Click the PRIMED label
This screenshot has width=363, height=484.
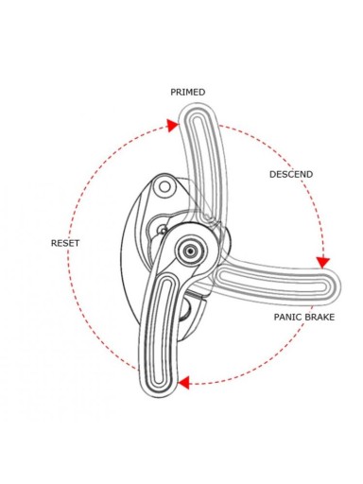click(188, 92)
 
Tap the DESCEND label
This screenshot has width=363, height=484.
click(291, 174)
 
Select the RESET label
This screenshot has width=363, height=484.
click(65, 243)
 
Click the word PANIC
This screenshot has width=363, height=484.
click(288, 317)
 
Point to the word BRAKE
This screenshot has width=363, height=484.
click(320, 317)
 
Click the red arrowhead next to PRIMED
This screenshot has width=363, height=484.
click(173, 125)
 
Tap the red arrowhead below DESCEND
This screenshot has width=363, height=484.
click(323, 262)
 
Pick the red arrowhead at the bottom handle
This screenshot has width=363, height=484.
click(183, 383)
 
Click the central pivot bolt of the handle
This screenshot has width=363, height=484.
click(191, 251)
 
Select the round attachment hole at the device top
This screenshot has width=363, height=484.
click(164, 187)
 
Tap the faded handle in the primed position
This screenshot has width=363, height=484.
click(201, 164)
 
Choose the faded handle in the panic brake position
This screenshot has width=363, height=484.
click(277, 282)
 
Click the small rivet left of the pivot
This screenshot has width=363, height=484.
click(163, 230)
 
